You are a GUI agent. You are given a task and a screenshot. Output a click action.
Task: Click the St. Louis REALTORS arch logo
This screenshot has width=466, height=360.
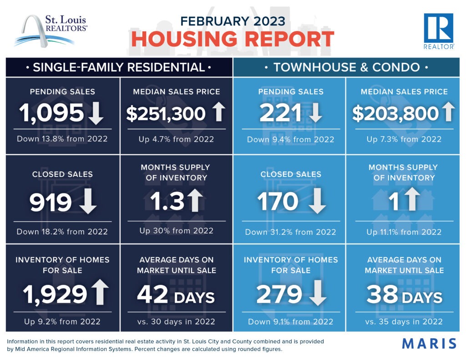(50, 30)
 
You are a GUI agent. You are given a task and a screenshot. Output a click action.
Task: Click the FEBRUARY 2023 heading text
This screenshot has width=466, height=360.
(233, 20)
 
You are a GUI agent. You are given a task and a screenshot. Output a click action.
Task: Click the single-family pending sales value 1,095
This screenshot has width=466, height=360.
(51, 113)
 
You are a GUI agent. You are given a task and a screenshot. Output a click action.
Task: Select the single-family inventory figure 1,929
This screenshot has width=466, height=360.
(54, 294)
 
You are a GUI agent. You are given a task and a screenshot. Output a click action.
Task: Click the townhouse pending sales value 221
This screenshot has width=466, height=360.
(280, 114)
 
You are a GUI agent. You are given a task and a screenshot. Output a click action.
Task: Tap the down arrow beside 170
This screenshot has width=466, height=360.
(317, 202)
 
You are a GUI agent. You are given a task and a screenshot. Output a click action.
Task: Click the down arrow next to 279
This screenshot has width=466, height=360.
(317, 294)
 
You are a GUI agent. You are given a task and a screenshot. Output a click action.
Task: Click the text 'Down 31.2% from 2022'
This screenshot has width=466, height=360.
(290, 232)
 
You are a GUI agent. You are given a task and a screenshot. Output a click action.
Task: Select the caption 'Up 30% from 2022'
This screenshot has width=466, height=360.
(176, 231)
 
